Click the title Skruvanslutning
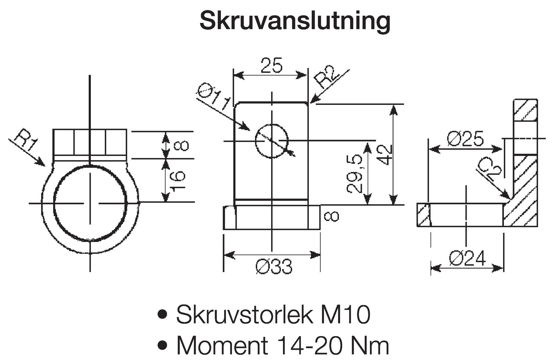[295, 21]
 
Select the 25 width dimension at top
[271, 66]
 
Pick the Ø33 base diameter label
[274, 266]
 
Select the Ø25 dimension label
[465, 139]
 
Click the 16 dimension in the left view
[178, 180]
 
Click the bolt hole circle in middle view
[272, 141]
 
